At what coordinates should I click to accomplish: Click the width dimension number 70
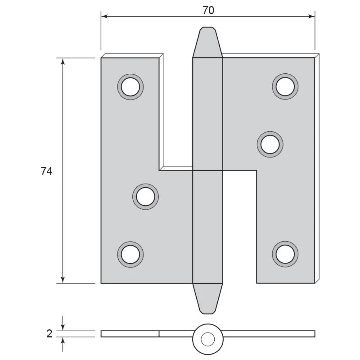(208, 10)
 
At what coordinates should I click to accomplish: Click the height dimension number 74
(47, 171)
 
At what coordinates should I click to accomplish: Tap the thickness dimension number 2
(49, 334)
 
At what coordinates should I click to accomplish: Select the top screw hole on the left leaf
(130, 87)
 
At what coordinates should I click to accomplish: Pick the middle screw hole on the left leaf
(145, 197)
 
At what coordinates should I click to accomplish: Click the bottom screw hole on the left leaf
(130, 254)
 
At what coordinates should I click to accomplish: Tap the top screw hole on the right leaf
(285, 86)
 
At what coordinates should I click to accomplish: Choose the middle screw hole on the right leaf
(270, 144)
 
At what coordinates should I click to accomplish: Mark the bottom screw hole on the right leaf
(285, 254)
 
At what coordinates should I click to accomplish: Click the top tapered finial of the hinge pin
(207, 42)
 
